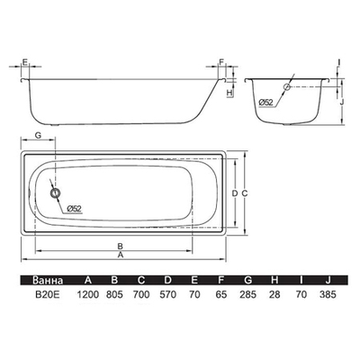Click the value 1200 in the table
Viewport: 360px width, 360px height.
coord(88,294)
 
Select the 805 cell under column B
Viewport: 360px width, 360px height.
coord(114,294)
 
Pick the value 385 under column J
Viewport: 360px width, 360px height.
coord(328,294)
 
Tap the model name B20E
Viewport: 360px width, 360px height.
coord(48,294)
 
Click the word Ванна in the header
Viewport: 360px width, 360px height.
coord(48,280)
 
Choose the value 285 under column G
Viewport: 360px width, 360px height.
coord(247,294)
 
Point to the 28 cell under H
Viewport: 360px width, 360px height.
coord(274,294)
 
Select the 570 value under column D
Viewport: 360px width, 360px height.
coord(168,294)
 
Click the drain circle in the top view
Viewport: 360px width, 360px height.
coord(56,193)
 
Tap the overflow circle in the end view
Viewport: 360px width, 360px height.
coord(287,86)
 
